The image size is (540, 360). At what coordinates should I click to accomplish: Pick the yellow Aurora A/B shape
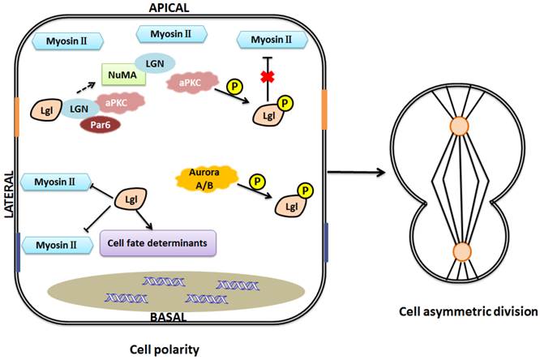click(x=199, y=178)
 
